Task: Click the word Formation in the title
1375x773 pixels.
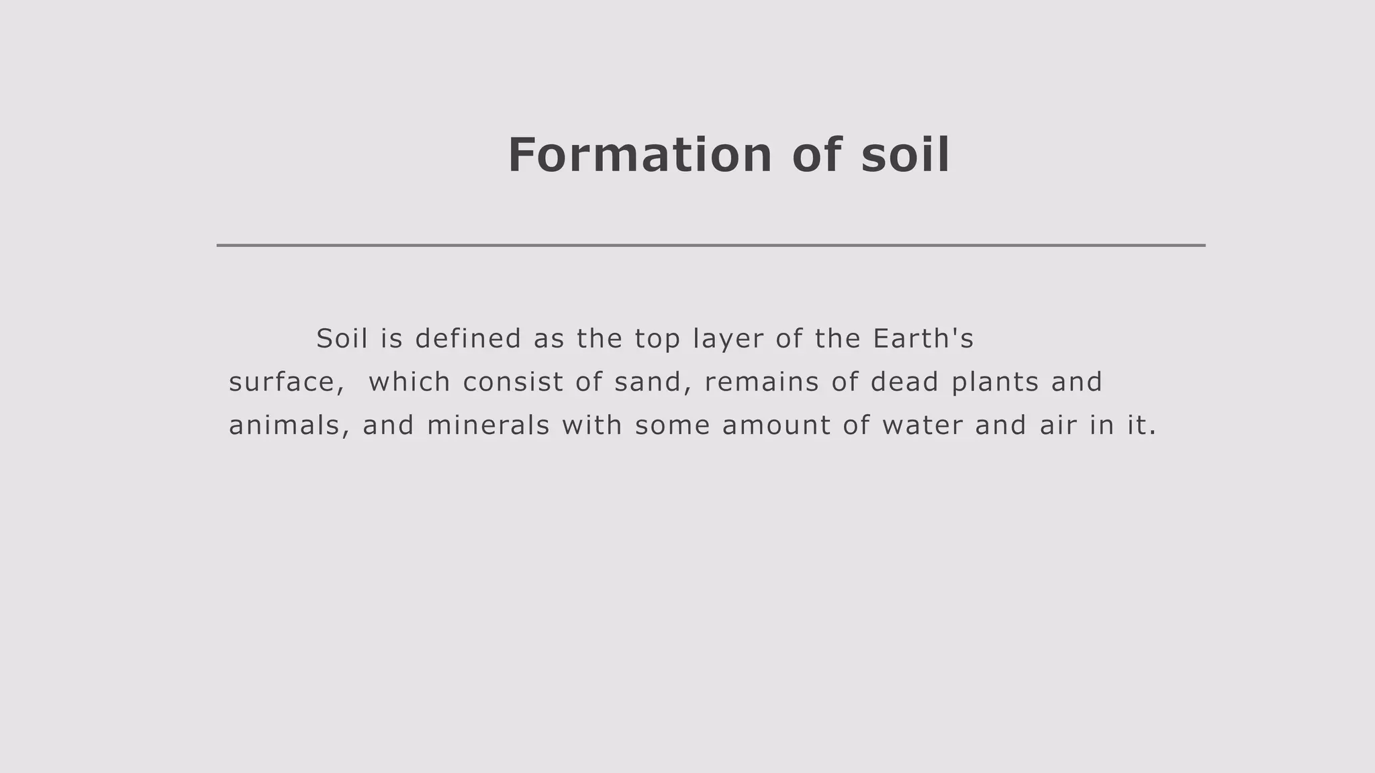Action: tap(640, 156)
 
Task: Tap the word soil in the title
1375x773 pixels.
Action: tap(905, 156)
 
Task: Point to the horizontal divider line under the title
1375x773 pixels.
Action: tap(710, 246)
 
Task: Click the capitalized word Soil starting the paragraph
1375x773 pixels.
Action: tap(342, 339)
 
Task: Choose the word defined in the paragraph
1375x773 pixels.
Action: tap(468, 339)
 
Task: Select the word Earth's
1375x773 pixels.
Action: tap(923, 339)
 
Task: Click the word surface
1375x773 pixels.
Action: tap(281, 382)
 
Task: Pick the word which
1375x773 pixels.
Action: tap(410, 382)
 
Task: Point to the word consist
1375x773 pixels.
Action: tap(513, 382)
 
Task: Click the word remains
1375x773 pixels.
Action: tap(762, 382)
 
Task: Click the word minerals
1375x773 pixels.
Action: tap(488, 426)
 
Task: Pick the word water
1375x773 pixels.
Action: tap(922, 426)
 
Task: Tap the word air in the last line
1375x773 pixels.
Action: tap(1058, 426)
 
